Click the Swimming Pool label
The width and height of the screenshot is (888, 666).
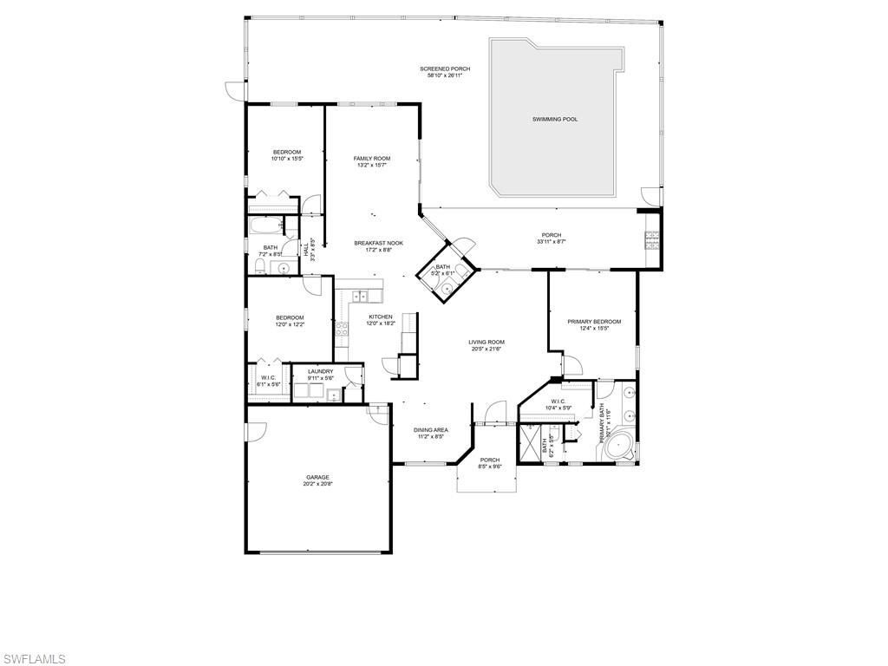[555, 119]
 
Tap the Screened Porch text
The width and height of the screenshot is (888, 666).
[445, 69]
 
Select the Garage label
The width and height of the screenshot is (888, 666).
[317, 477]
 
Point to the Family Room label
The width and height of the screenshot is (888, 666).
[372, 158]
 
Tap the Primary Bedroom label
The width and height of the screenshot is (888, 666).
[594, 322]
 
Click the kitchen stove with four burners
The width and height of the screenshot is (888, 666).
[342, 329]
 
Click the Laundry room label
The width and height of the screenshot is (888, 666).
[320, 371]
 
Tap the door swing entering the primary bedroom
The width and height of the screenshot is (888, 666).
[571, 364]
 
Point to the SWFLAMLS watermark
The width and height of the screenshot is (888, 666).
[33, 659]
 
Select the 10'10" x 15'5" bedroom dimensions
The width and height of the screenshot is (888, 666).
[287, 159]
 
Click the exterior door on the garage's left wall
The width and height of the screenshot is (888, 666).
[252, 432]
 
